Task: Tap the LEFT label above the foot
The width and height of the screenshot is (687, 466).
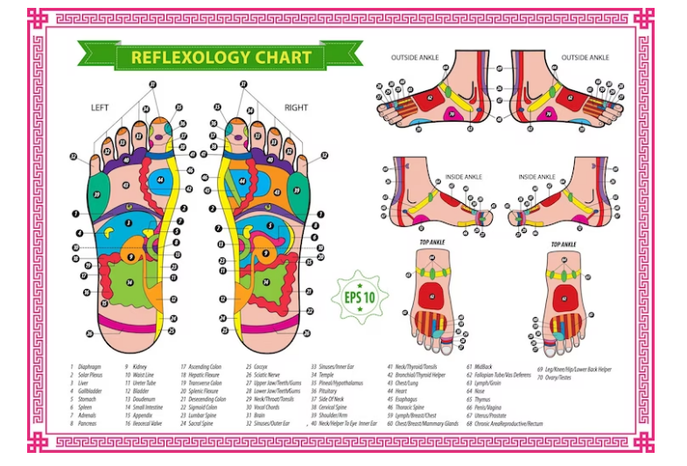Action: click(x=100, y=108)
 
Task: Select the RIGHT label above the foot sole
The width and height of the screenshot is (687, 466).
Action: click(x=296, y=108)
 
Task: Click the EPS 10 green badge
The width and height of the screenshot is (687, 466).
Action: click(x=360, y=297)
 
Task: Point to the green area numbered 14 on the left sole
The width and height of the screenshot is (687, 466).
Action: click(x=129, y=282)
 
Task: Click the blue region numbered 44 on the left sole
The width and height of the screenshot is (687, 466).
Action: click(x=161, y=180)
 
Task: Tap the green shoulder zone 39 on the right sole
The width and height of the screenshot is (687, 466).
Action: click(x=298, y=191)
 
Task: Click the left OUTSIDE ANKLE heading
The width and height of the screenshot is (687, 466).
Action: click(x=414, y=58)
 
